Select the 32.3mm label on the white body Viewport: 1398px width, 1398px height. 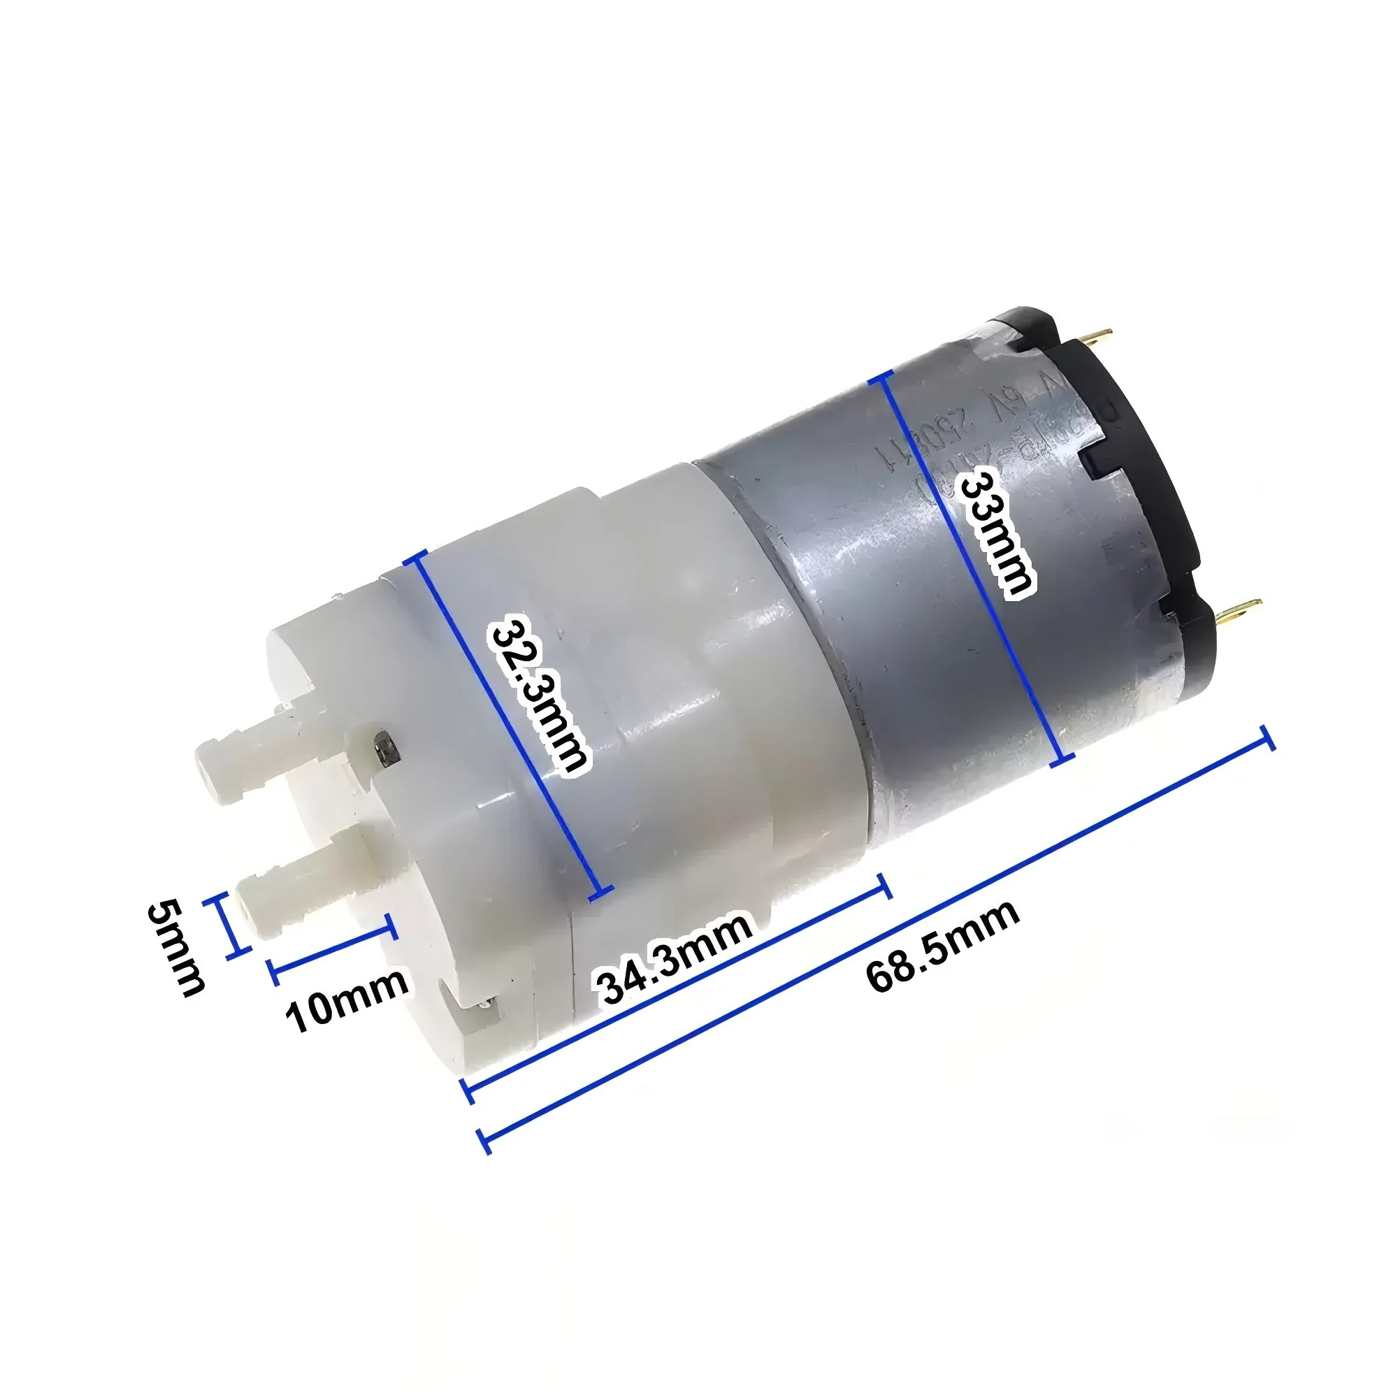point(539,694)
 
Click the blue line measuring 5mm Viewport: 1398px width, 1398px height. point(229,927)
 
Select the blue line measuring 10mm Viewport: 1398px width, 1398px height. point(333,948)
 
